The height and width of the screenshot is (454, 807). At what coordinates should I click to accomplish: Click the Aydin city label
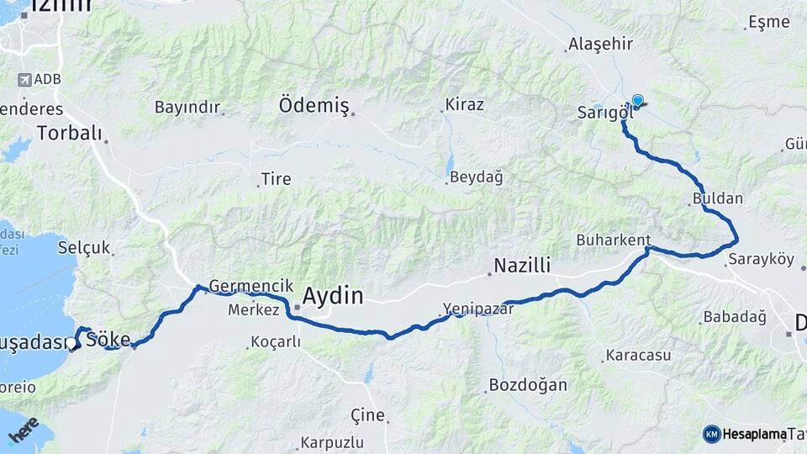[x=332, y=296]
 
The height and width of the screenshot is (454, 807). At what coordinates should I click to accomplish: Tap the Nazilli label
[x=521, y=267]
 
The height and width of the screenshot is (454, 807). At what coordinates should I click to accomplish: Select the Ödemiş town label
[x=314, y=105]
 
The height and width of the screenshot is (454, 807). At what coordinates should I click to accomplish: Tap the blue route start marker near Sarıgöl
[x=637, y=102]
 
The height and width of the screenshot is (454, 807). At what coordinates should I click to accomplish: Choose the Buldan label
[x=718, y=198]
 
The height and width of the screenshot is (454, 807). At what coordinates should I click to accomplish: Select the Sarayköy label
[x=762, y=259]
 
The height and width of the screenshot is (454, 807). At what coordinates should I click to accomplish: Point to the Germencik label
[x=239, y=286]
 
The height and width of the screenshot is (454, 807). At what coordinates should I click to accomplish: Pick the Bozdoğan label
[x=528, y=385]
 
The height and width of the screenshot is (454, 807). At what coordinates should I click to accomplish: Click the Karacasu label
[x=637, y=356]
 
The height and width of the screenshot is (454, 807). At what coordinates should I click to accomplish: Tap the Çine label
[x=367, y=414]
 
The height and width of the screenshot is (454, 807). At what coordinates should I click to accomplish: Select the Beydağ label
[x=476, y=177]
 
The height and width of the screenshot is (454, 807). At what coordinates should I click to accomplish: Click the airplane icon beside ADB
[x=24, y=80]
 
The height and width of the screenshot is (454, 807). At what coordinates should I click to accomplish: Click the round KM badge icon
[x=711, y=434]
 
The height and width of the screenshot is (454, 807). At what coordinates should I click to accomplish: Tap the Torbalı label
[x=69, y=134]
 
